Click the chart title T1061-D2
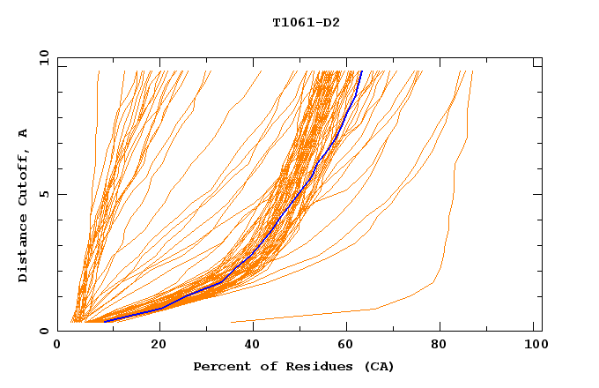(x=306, y=23)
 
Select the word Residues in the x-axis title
(x=298, y=367)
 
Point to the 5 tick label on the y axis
(x=45, y=194)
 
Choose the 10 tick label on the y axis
(x=41, y=57)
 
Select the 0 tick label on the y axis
(x=45, y=332)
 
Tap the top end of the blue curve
(x=361, y=71)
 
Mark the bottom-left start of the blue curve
(x=104, y=321)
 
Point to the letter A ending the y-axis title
(x=24, y=132)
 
